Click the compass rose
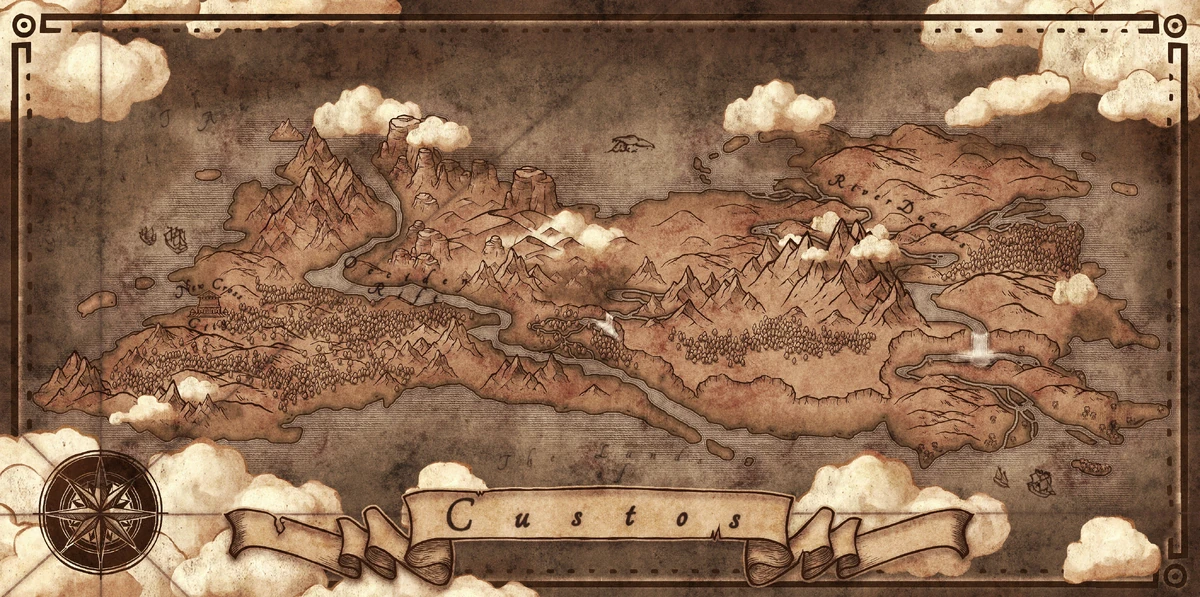[x=100, y=511]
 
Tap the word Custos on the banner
[x=595, y=516]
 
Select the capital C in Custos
[x=461, y=516]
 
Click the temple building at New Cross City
[x=208, y=303]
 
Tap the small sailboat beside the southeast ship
[x=1003, y=474]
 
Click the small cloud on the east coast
[x=1075, y=289]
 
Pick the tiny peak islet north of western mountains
[x=287, y=130]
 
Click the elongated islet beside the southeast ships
[x=1091, y=467]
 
